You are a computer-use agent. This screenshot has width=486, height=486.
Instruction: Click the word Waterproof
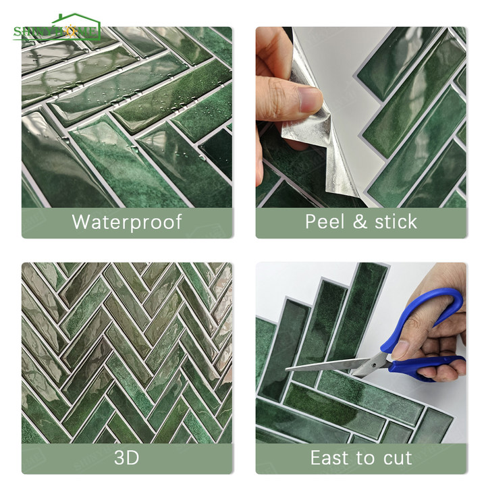126,221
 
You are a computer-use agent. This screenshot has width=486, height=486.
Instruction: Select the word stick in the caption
394,221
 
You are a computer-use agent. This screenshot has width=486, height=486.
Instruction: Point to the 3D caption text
126,458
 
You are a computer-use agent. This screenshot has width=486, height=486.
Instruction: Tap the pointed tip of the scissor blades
288,369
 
